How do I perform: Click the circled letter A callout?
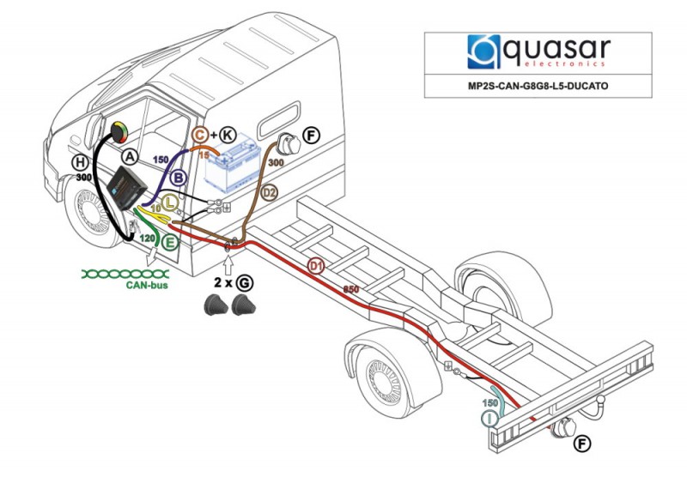(x=130, y=156)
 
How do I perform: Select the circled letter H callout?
(x=80, y=163)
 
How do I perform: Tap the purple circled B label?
(x=179, y=178)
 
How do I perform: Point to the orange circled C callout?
(x=200, y=135)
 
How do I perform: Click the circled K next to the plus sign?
(x=228, y=135)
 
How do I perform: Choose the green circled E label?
(x=169, y=242)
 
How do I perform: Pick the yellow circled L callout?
(x=169, y=202)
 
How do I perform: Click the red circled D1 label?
(x=316, y=266)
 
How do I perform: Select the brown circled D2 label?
(x=270, y=192)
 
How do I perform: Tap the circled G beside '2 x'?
(x=245, y=283)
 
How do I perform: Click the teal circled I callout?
(x=489, y=419)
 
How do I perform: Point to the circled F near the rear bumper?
(x=582, y=444)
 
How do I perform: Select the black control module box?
(x=126, y=188)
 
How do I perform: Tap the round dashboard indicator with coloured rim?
(x=119, y=132)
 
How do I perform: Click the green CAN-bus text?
(x=147, y=285)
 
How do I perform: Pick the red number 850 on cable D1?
(x=351, y=289)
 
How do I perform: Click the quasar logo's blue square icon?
(x=483, y=51)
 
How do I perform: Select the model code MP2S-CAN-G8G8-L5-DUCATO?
(x=538, y=86)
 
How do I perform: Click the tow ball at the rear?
(x=602, y=401)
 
